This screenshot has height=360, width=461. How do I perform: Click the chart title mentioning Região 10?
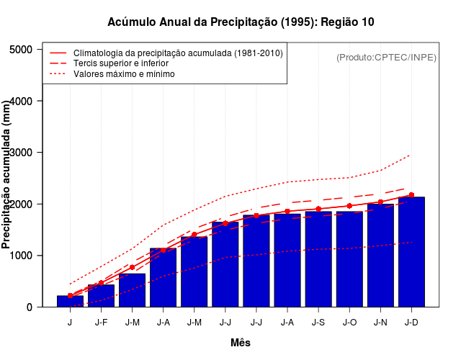click(x=241, y=22)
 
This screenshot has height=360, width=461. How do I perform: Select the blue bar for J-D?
click(x=411, y=252)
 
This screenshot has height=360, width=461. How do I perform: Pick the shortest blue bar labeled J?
click(x=70, y=301)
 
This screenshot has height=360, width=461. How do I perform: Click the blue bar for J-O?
click(x=349, y=259)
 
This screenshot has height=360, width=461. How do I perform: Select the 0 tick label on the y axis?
click(x=29, y=307)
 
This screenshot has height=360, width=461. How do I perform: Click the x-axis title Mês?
click(x=241, y=343)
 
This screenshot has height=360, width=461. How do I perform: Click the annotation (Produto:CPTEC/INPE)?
click(x=386, y=57)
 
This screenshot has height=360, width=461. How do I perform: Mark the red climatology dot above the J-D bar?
click(x=411, y=195)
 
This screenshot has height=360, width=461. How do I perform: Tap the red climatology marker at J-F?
click(x=101, y=283)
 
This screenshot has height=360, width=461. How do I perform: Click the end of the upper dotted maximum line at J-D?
click(x=410, y=155)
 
